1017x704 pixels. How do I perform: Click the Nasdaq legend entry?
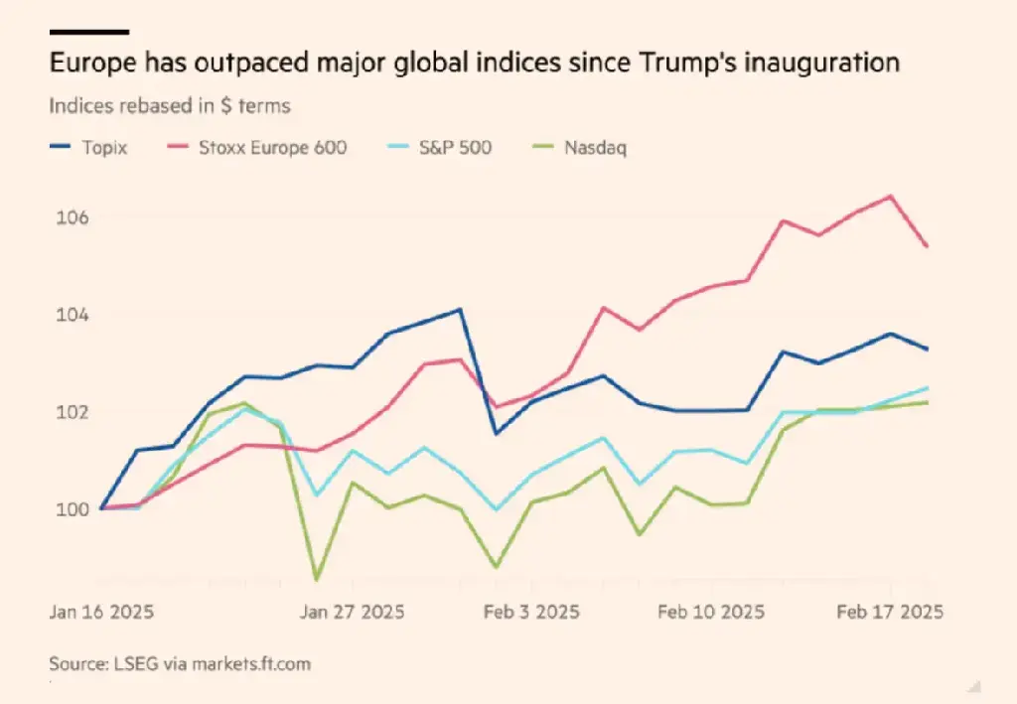[595, 148]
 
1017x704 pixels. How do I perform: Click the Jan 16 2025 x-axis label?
[101, 612]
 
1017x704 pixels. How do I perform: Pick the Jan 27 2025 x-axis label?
[353, 612]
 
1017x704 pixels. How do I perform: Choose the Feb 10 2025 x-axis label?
[711, 612]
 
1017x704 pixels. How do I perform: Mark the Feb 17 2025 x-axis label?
[890, 612]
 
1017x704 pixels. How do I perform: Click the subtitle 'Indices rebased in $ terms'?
[169, 106]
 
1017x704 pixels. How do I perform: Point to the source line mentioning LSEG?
[187, 662]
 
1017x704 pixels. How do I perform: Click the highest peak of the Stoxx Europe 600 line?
[891, 196]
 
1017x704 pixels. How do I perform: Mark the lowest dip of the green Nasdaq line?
[317, 579]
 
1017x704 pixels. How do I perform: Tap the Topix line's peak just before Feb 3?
[459, 309]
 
